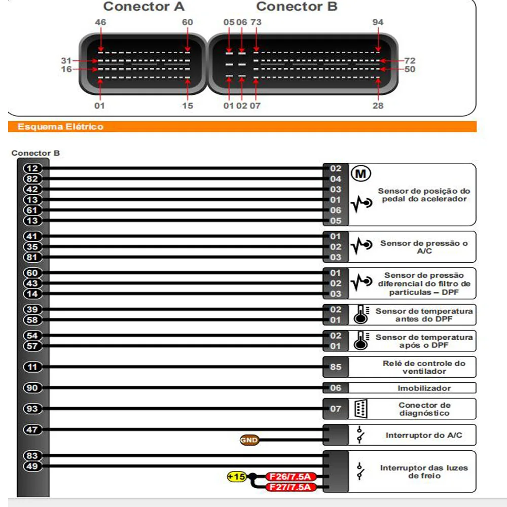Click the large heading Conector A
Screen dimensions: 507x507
pos(144,7)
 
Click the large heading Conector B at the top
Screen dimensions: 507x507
pos(297,7)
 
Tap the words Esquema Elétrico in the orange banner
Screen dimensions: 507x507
pos(60,127)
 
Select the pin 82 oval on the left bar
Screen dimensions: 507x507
pos(33,179)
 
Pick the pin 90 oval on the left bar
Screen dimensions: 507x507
pos(33,388)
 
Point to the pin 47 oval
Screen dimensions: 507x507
pos(33,430)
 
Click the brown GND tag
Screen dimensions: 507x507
pos(249,441)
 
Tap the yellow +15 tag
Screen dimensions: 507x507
pos(237,477)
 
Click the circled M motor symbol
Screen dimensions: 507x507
pos(361,174)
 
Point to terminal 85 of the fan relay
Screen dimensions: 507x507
pos(336,367)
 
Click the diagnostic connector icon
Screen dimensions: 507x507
pos(361,409)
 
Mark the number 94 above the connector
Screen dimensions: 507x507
pos(378,22)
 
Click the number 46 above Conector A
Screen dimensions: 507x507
pos(100,22)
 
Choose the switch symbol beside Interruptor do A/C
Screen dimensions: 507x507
pos(360,435)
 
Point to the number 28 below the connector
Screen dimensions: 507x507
pos(378,105)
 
